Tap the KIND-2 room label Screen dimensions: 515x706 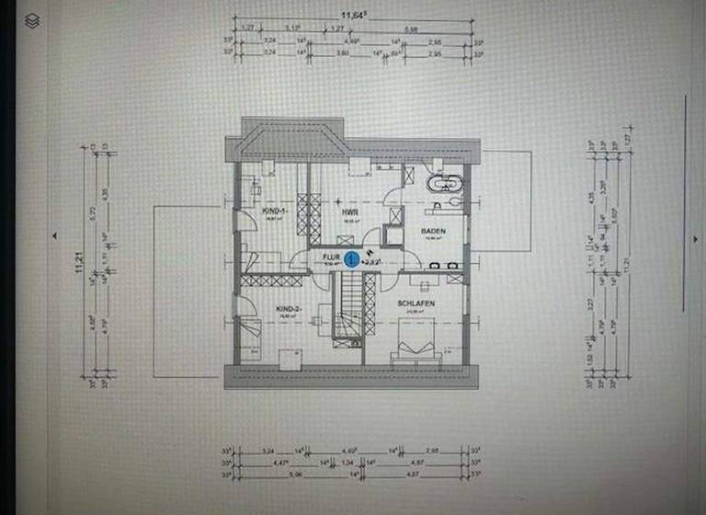[289, 309]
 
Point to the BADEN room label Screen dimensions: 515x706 [434, 231]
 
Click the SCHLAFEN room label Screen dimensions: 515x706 [416, 303]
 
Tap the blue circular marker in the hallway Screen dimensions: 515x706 [351, 260]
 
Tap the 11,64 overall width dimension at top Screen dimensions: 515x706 [352, 14]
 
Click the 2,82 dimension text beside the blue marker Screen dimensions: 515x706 [372, 261]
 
